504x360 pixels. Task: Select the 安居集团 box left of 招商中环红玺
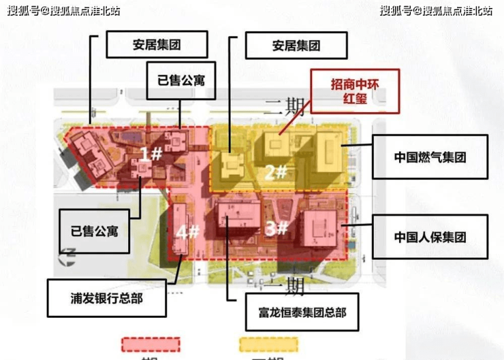click(x=295, y=46)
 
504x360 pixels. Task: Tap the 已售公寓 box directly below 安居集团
click(x=180, y=80)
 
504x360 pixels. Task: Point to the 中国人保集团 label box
click(x=430, y=237)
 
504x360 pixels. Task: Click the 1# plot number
click(x=151, y=153)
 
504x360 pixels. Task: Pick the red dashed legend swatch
click(x=151, y=344)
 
